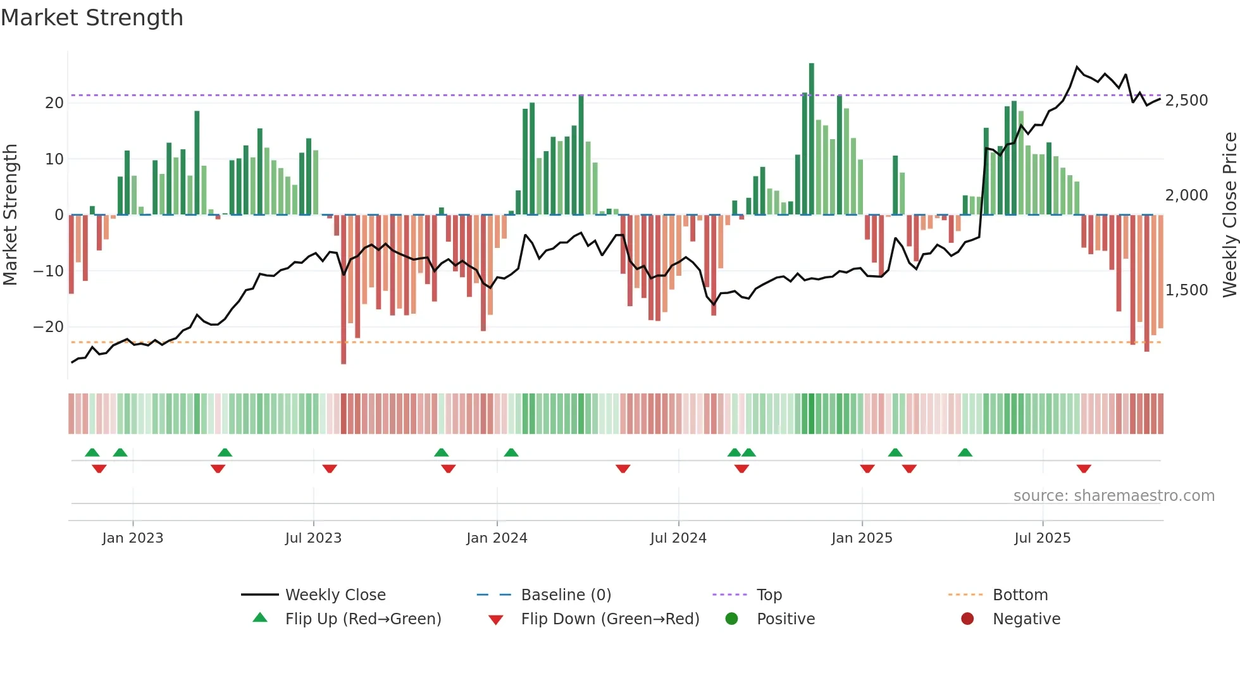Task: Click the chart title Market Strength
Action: [x=92, y=18]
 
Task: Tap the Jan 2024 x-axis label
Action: [x=497, y=538]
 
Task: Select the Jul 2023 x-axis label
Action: [x=313, y=538]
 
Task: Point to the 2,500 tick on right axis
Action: [x=1186, y=101]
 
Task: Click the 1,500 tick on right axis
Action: [x=1186, y=290]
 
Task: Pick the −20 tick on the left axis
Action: [x=49, y=327]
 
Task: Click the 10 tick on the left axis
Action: [x=54, y=159]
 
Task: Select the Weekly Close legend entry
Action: [x=335, y=595]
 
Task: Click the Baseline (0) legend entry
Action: [x=566, y=595]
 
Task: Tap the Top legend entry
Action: [x=769, y=595]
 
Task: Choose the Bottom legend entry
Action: [x=1020, y=595]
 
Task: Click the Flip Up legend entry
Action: [x=363, y=619]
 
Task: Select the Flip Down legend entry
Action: [x=609, y=619]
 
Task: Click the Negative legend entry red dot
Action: [x=967, y=619]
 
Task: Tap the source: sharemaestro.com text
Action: [x=1113, y=496]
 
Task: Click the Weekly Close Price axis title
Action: [x=1229, y=215]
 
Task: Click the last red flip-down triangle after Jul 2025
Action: [x=1084, y=469]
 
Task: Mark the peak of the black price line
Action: [x=1077, y=66]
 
